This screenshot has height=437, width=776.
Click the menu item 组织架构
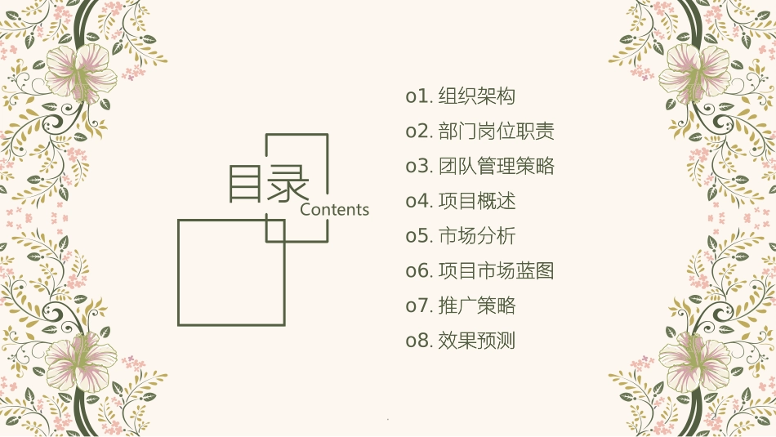tap(477, 96)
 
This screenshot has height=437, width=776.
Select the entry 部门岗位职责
tap(496, 132)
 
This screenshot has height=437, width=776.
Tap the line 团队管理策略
tap(496, 167)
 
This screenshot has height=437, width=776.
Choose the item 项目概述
tap(477, 201)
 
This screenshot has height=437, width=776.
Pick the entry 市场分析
tap(477, 236)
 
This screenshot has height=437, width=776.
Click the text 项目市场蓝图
tap(496, 270)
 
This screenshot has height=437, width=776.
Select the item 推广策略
tap(477, 305)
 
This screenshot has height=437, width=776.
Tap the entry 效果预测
tap(477, 341)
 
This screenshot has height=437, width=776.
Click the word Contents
tap(335, 210)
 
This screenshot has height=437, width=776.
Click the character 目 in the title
tap(247, 185)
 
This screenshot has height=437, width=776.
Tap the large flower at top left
tap(82, 69)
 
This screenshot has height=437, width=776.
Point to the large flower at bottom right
tap(694, 359)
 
